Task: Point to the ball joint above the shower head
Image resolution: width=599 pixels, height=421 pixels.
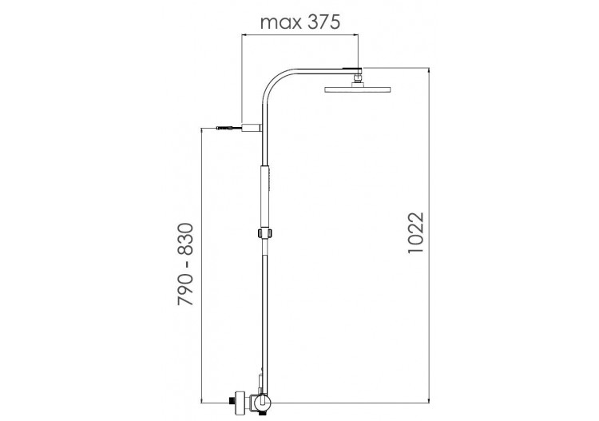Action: pos(357,77)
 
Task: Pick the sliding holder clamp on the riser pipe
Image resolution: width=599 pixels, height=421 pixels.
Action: pos(264,233)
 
